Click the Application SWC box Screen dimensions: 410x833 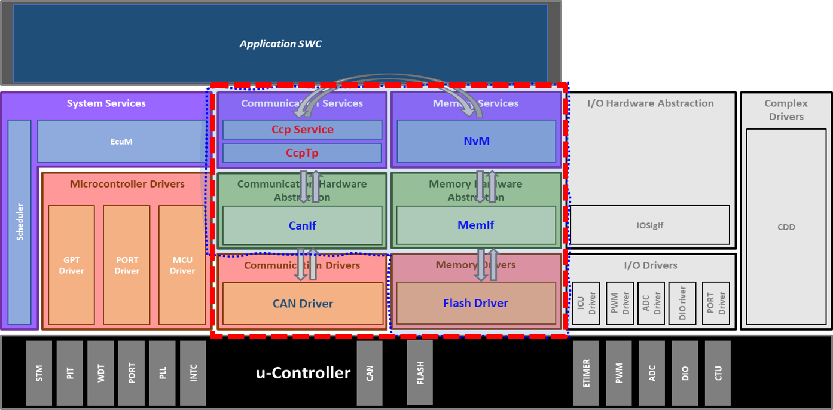tap(280, 44)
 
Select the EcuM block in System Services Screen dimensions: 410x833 tap(121, 142)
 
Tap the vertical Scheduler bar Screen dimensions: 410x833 tap(20, 222)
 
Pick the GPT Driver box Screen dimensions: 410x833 tap(71, 265)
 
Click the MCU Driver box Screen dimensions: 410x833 tap(182, 265)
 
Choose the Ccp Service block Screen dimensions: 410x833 tap(302, 130)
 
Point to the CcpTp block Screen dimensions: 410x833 tap(302, 153)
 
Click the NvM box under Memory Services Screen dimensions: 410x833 tap(476, 141)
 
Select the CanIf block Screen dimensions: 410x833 tap(302, 225)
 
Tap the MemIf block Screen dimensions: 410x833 tap(476, 225)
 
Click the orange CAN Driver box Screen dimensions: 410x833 tap(303, 304)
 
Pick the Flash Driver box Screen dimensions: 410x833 tap(476, 303)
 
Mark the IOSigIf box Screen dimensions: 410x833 tap(650, 225)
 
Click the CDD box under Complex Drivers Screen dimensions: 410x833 tap(786, 227)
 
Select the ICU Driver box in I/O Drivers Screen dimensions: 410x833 tap(586, 303)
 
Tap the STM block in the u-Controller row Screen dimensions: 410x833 tap(39, 373)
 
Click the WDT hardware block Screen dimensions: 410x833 tap(100, 373)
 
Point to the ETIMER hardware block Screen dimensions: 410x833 tap(585, 373)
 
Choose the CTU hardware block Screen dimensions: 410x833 tap(718, 373)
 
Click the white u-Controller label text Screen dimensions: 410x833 tap(303, 373)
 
